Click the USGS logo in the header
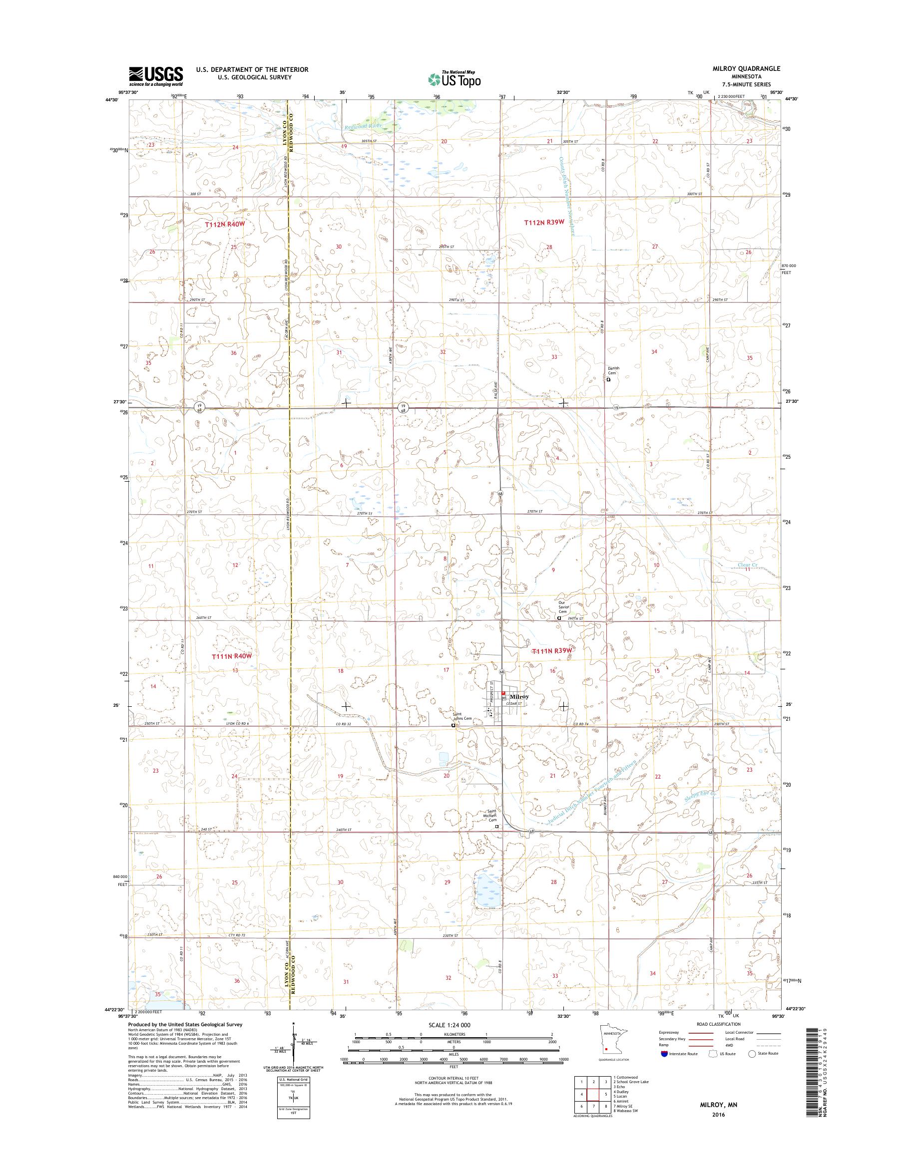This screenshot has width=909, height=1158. (x=155, y=76)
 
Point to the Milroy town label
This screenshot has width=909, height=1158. (x=519, y=696)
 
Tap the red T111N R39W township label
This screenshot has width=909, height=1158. (x=552, y=650)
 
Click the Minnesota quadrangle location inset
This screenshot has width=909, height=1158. (x=609, y=1053)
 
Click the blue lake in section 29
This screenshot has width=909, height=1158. (x=485, y=886)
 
